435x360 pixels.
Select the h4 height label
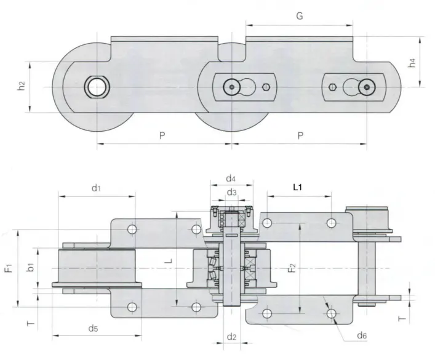413,62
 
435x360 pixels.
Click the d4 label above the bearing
230,178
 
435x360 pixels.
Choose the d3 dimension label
230,193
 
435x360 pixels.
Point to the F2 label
292,268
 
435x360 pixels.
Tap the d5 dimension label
93,328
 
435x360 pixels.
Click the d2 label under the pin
231,337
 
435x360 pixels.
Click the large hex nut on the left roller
97,87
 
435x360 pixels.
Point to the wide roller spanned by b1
95,269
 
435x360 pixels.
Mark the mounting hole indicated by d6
332,314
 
